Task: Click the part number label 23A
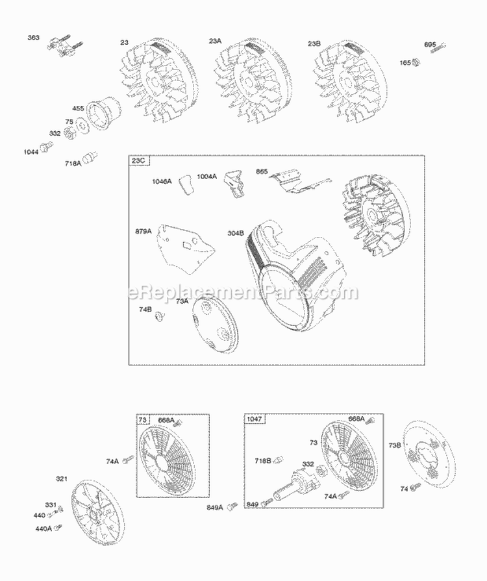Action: [215, 41]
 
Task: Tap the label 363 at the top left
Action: [33, 38]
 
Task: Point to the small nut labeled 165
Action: [418, 62]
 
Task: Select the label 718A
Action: [73, 163]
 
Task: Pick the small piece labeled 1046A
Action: [187, 184]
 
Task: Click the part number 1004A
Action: [207, 176]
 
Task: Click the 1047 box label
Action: [254, 419]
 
